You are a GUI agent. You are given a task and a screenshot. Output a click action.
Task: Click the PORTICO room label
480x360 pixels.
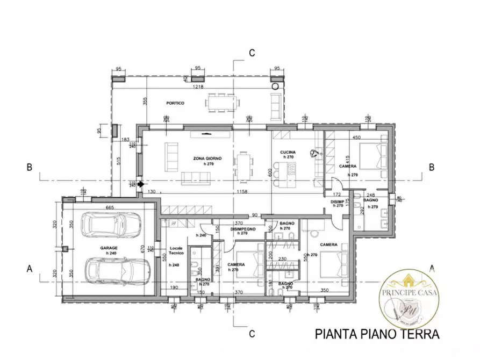[175, 103]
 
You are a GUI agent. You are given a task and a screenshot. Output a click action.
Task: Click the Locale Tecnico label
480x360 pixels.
[176, 250]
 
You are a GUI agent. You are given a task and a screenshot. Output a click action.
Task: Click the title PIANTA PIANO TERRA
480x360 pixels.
[376, 334]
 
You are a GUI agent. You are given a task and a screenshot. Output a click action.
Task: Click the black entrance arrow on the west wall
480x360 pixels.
[141, 184]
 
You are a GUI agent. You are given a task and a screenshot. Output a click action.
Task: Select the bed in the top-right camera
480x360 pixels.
[371, 155]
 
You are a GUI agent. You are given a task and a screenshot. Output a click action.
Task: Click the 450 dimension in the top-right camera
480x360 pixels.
[355, 137]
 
